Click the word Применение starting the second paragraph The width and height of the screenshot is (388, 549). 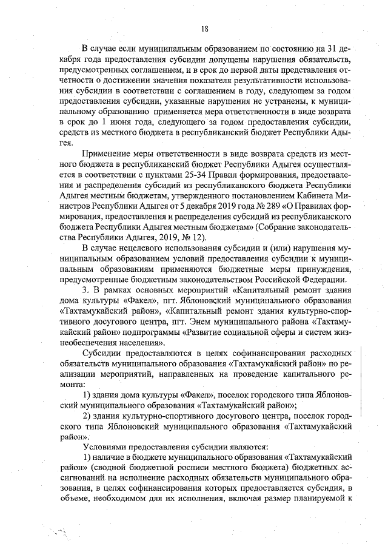pyautogui.click(x=108, y=153)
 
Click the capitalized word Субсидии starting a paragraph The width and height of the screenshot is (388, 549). pyautogui.click(x=103, y=353)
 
